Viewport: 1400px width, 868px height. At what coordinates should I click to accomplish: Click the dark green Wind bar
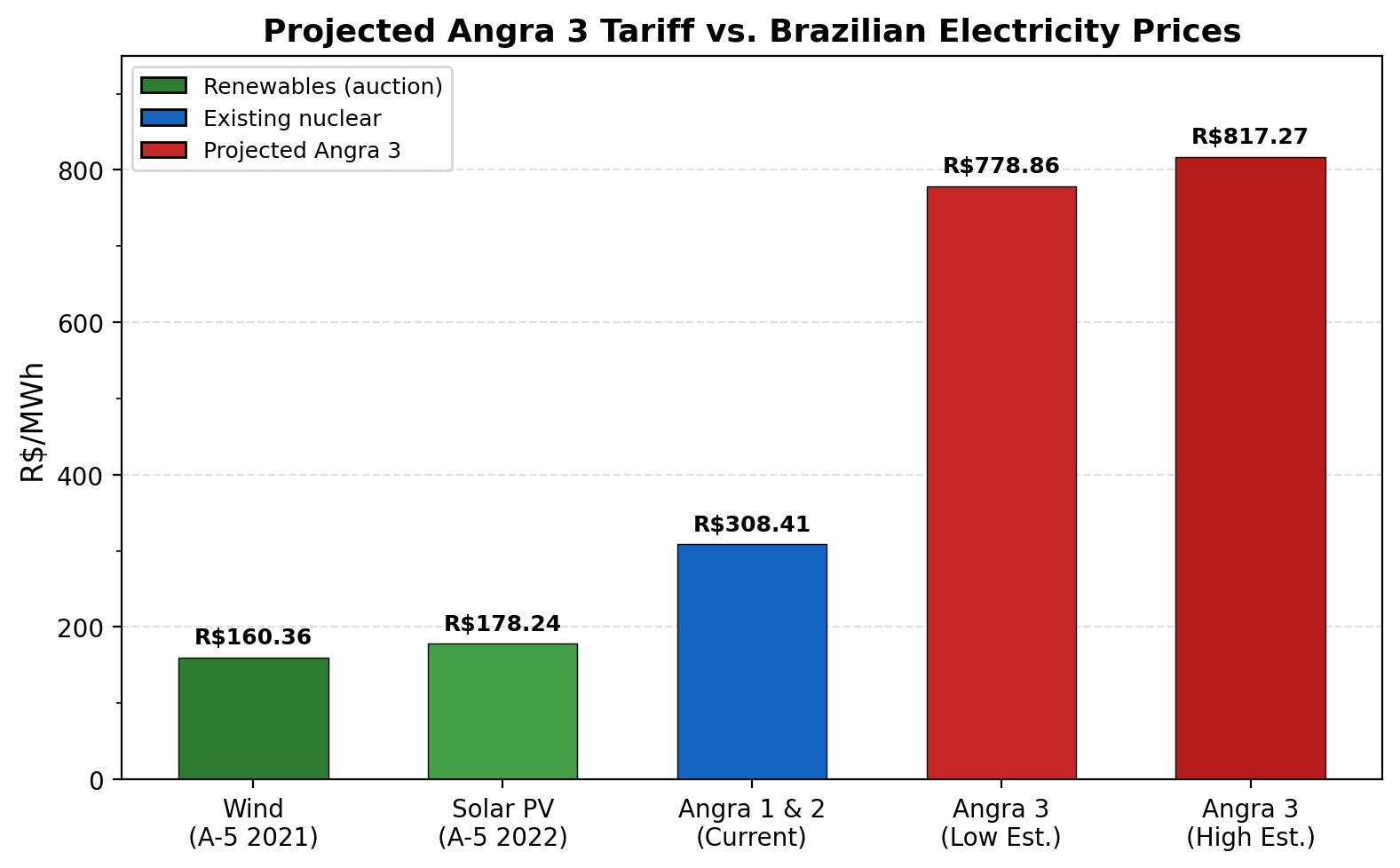point(253,718)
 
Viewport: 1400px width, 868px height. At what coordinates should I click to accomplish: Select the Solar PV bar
point(502,711)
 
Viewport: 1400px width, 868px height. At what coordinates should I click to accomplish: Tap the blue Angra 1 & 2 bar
point(752,661)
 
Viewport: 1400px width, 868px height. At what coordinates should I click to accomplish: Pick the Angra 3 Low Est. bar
point(1001,483)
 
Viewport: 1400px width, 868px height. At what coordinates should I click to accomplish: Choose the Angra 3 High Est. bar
point(1250,468)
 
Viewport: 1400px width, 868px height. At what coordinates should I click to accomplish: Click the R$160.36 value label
point(253,637)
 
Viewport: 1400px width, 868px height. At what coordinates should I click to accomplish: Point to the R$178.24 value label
point(502,624)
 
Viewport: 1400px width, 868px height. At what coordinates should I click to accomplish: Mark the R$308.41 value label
point(752,525)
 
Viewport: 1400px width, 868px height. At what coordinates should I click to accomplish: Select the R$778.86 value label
point(1001,166)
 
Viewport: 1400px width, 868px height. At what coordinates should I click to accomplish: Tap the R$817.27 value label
point(1250,137)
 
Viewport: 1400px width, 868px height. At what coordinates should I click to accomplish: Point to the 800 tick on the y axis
point(81,170)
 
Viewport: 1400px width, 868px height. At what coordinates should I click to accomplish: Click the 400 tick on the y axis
point(81,475)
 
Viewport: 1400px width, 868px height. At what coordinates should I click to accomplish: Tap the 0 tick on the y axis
point(97,780)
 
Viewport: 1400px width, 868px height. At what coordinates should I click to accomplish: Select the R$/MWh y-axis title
point(33,422)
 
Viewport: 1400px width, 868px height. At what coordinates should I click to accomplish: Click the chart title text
point(752,31)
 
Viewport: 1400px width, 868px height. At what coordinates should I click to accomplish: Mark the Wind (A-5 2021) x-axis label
point(253,823)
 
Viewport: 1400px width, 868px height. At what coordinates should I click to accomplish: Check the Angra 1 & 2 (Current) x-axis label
point(752,823)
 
